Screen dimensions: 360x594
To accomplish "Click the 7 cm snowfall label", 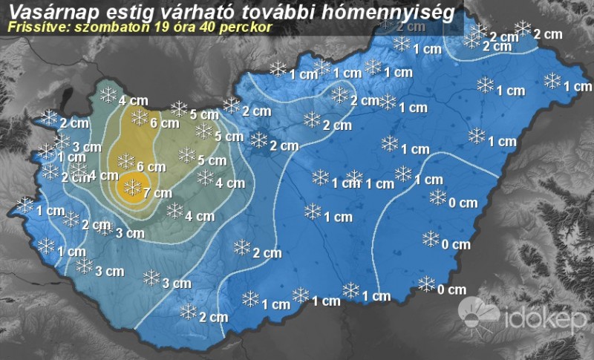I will click(x=157, y=193).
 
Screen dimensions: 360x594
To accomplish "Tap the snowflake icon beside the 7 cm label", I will click(x=133, y=188).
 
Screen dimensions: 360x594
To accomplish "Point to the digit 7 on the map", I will click(x=147, y=193).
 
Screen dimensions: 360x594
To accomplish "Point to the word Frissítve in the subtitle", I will click(x=33, y=27).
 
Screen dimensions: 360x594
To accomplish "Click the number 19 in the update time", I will click(x=159, y=27).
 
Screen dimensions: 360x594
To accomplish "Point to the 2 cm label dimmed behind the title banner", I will click(x=411, y=27).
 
